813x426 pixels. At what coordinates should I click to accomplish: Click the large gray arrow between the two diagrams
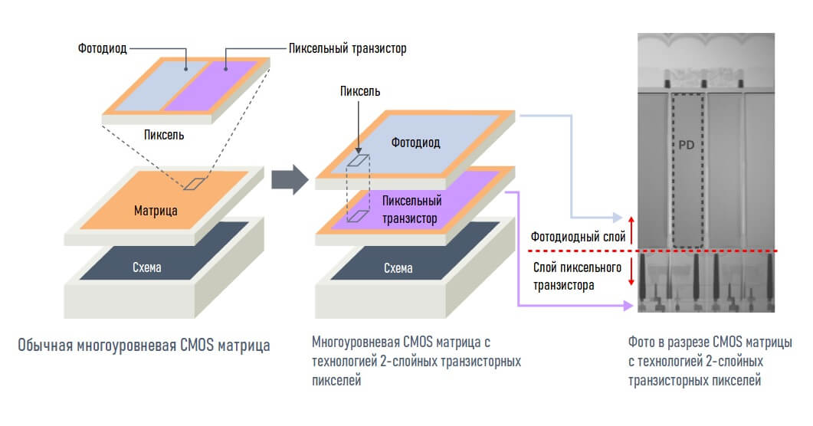click(290, 180)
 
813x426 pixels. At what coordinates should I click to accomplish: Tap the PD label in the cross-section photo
click(686, 145)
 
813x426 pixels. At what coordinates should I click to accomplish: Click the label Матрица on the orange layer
click(156, 211)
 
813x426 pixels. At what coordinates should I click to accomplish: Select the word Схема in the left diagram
click(146, 267)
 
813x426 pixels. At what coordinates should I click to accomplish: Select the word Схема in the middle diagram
click(398, 268)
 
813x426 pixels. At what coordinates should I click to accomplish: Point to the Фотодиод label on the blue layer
click(415, 143)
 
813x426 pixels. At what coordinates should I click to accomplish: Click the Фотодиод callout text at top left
click(102, 49)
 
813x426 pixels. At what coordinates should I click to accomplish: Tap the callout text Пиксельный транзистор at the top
click(347, 49)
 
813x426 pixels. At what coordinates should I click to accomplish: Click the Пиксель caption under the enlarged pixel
click(164, 136)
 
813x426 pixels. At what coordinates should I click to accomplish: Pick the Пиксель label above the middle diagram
click(360, 92)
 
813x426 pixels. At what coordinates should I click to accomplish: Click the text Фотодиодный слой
click(578, 238)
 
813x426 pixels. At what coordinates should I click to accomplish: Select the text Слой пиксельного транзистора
click(576, 277)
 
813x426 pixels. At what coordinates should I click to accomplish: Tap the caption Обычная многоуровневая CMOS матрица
click(144, 345)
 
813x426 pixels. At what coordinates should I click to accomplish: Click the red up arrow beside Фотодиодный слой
click(631, 231)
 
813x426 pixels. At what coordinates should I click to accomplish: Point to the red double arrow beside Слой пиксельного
click(631, 270)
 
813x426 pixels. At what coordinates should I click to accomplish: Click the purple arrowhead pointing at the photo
click(628, 306)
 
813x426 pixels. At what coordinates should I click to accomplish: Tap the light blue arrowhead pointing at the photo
click(617, 217)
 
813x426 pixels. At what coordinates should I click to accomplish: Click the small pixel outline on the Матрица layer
click(195, 183)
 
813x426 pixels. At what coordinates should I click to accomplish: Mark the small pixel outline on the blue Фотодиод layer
click(358, 161)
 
